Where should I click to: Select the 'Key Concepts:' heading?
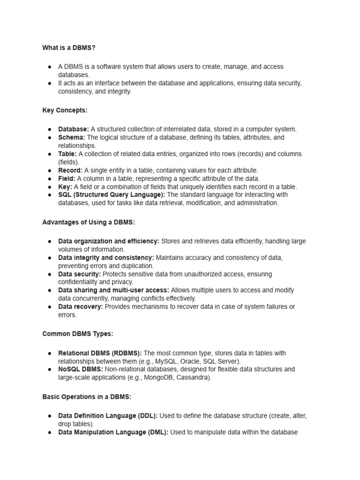65,110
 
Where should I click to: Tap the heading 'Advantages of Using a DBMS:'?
89,222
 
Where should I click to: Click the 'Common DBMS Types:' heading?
78,334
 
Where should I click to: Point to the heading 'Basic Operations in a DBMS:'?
87,397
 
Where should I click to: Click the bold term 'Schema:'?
72,137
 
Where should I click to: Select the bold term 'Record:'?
70,170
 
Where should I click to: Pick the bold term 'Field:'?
67,179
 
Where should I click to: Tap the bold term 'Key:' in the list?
65,187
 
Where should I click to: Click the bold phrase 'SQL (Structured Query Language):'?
112,195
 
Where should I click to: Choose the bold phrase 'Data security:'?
79,274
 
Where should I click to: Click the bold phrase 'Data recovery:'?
81,307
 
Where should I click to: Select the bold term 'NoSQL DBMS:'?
80,369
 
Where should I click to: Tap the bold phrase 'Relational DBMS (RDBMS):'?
100,353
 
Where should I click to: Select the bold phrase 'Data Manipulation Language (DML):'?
113,432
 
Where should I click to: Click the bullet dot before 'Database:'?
49,129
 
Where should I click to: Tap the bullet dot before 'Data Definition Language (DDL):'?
49,416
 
